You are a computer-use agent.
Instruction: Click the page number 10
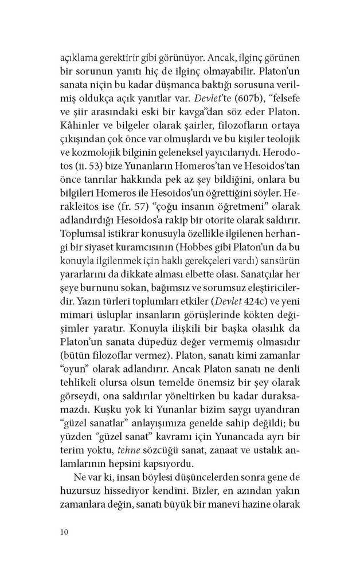64,532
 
